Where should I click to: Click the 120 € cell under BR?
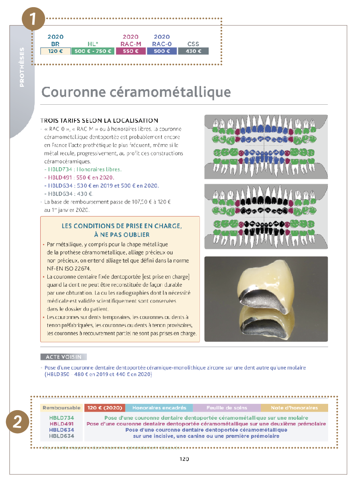[56, 51]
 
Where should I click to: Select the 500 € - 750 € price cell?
[93, 51]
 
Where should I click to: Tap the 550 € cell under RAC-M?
[131, 51]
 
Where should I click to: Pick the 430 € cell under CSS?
[193, 51]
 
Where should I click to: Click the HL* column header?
[93, 44]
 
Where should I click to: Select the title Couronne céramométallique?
[136, 92]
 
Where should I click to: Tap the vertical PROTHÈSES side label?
[22, 67]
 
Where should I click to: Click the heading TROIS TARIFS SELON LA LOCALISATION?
[100, 120]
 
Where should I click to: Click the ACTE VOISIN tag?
[64, 357]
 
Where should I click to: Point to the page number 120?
[184, 459]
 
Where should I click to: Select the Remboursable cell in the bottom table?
[62, 408]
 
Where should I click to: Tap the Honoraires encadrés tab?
[159, 408]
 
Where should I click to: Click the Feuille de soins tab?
[227, 408]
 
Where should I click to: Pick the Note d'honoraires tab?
[294, 408]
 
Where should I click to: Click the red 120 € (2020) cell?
[105, 408]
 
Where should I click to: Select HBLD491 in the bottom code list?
[61, 424]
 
